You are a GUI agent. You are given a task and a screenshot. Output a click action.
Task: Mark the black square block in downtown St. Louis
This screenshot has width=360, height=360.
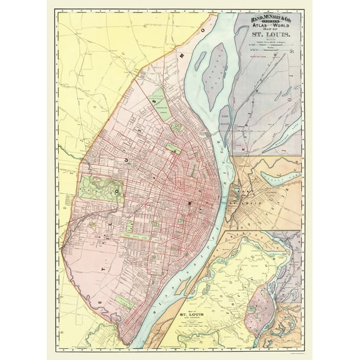pyautogui.click(x=189, y=204)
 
